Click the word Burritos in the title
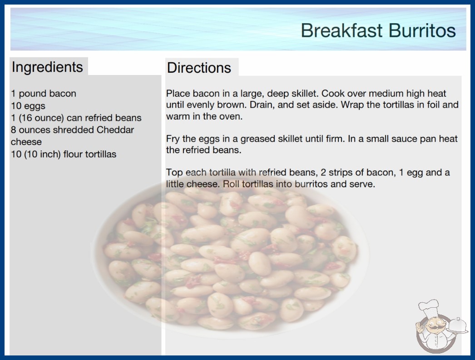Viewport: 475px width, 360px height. (x=422, y=30)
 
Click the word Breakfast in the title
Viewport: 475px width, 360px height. (x=341, y=30)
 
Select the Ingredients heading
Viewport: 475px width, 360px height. (x=47, y=67)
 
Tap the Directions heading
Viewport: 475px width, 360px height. (x=199, y=68)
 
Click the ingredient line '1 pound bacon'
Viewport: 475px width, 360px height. (x=44, y=94)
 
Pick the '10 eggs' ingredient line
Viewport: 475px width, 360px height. (x=28, y=106)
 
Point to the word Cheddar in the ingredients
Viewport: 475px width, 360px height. (x=115, y=130)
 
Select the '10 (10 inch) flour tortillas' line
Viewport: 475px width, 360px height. (x=64, y=154)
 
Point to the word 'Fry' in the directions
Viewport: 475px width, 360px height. (x=173, y=139)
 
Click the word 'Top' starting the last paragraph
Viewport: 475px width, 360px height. (x=174, y=173)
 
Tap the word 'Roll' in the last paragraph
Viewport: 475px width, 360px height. (x=231, y=184)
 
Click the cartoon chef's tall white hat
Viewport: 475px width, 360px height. (x=429, y=308)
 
